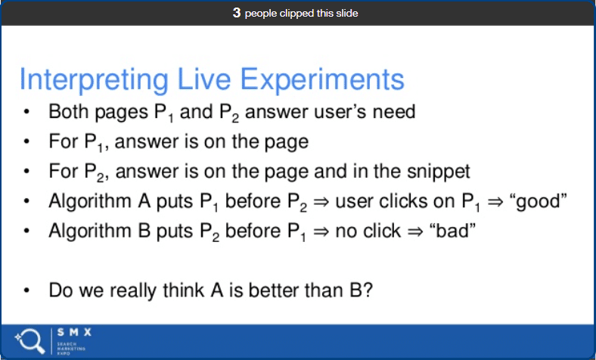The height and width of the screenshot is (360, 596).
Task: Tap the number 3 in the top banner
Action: point(237,13)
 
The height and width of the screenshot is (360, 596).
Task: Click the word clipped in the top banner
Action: point(304,13)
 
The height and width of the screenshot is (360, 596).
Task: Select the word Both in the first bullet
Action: point(66,112)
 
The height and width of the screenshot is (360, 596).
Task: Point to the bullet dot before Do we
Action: point(26,290)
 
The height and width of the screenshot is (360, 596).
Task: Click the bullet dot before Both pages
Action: point(26,113)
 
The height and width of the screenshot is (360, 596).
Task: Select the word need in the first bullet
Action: point(395,112)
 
